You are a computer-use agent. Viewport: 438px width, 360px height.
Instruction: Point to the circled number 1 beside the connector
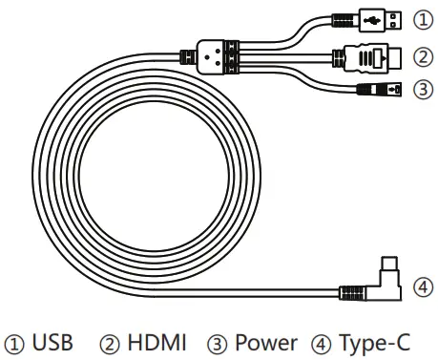click(421, 18)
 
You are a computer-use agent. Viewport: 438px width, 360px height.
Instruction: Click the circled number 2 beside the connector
click(421, 54)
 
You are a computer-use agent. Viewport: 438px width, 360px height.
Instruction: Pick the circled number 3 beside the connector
click(421, 89)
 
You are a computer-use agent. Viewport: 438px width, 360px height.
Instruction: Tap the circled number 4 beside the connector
click(421, 286)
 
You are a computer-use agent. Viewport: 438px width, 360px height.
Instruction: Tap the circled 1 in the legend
click(17, 342)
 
